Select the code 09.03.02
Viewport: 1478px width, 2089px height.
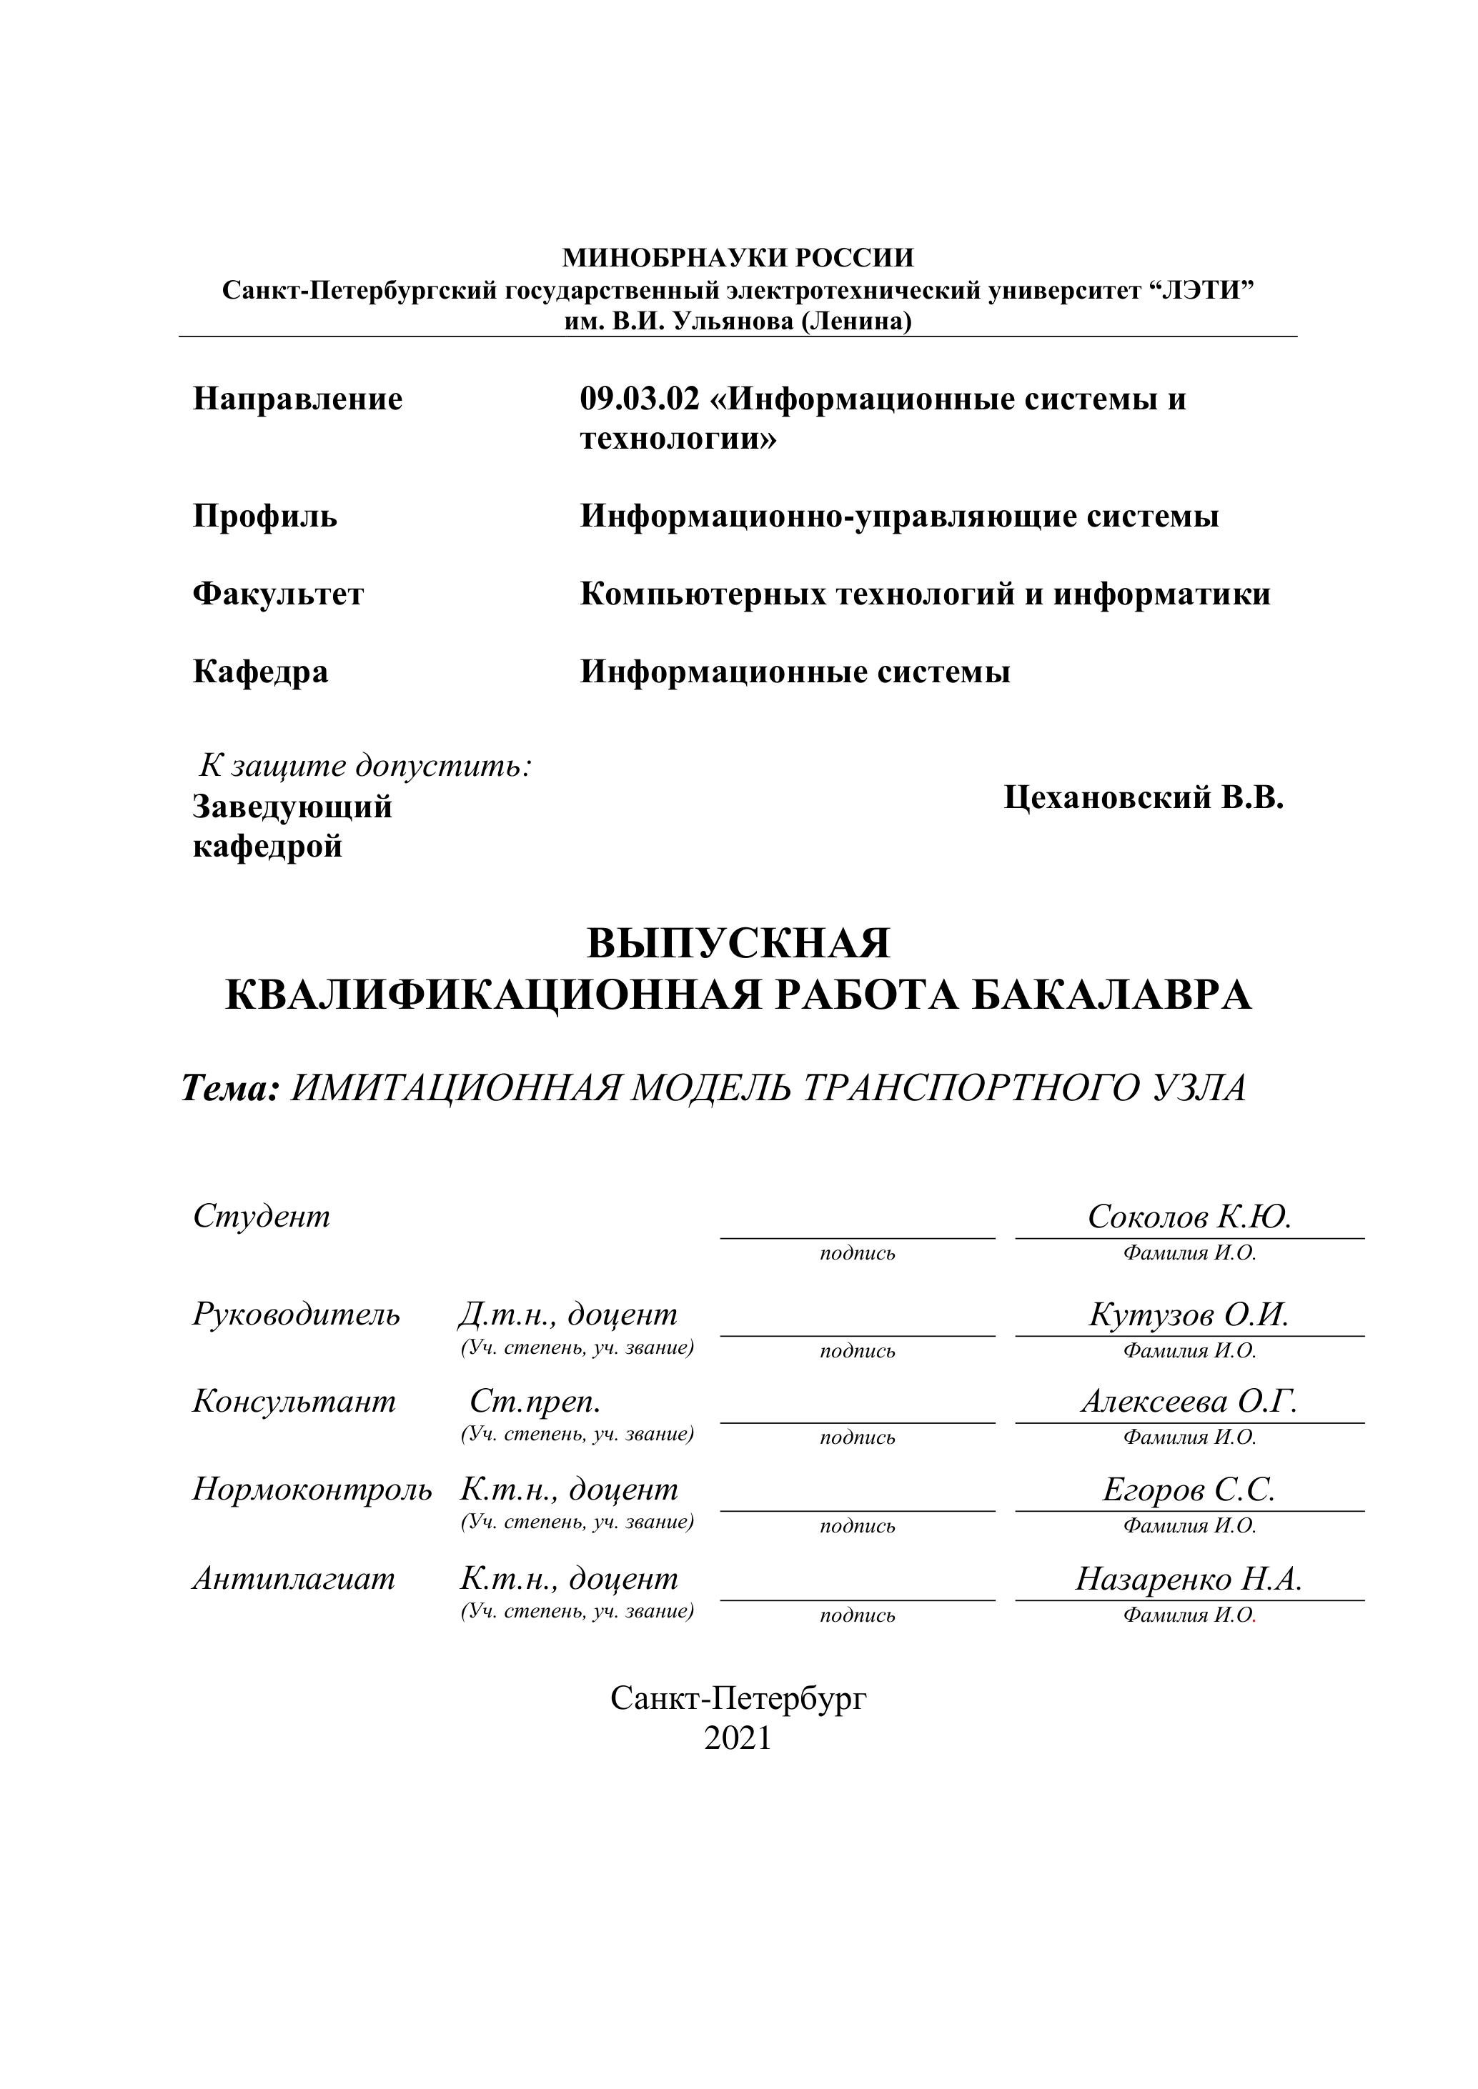click(x=640, y=399)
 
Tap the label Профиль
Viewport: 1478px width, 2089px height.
click(x=265, y=517)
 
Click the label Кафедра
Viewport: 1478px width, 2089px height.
click(x=260, y=672)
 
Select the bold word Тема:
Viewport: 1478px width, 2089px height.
click(x=230, y=1088)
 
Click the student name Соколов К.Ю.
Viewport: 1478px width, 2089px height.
click(x=1189, y=1217)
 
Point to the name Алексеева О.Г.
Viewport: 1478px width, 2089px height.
click(x=1189, y=1402)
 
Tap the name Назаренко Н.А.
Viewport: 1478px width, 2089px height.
click(x=1189, y=1580)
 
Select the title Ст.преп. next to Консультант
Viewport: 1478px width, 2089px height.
click(x=535, y=1402)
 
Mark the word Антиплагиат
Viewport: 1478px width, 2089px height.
click(x=294, y=1580)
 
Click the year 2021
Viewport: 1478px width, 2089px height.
click(x=738, y=1739)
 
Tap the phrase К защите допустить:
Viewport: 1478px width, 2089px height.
click(x=366, y=766)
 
